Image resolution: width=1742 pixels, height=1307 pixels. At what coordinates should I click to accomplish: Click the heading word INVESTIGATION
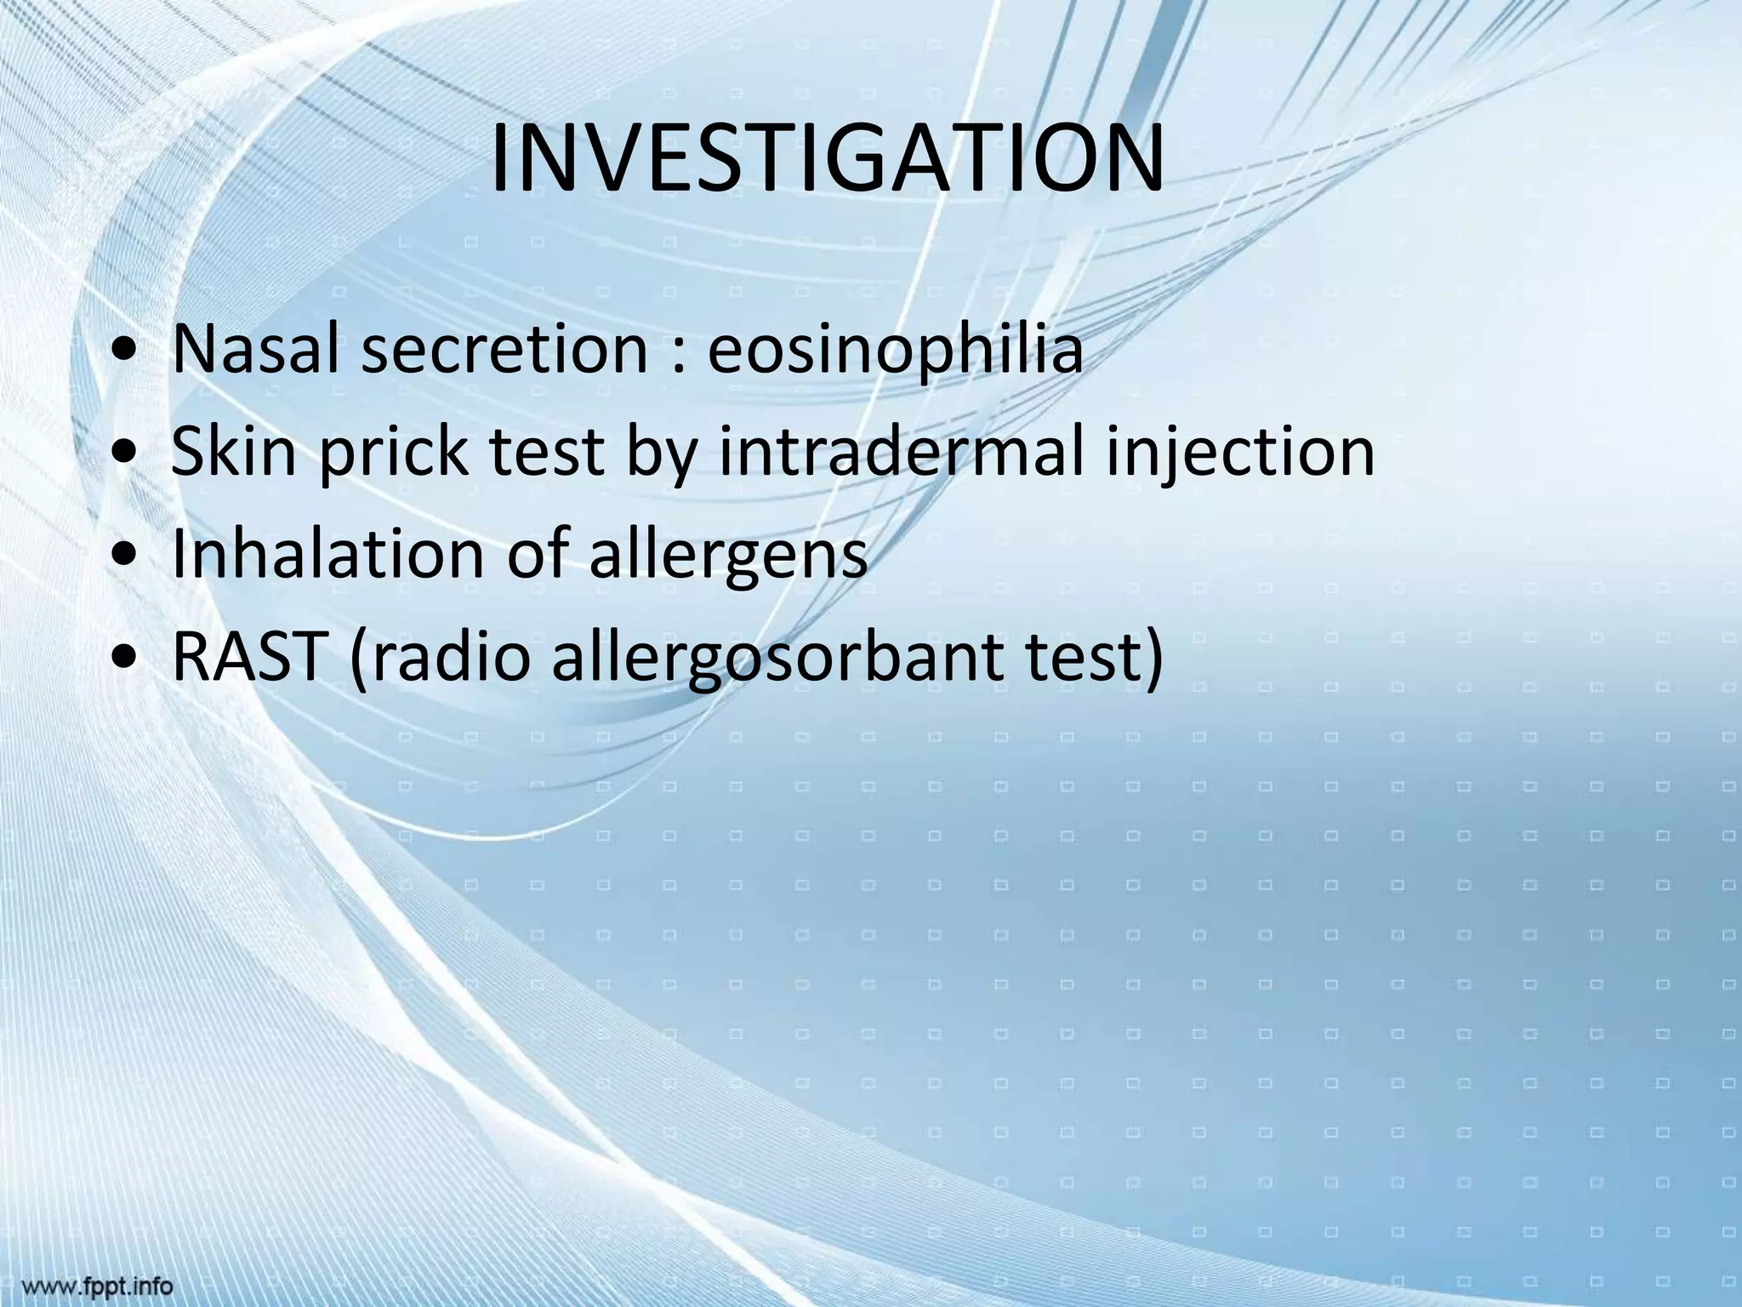[x=827, y=159]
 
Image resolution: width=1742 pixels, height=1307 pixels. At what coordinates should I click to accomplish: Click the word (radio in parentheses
[x=440, y=656]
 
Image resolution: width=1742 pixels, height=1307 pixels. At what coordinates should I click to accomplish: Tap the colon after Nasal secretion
[x=678, y=352]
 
